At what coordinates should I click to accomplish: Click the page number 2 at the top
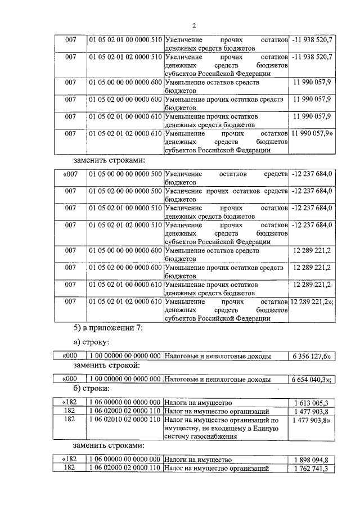[x=193, y=25]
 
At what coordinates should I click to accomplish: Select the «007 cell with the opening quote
[x=70, y=174]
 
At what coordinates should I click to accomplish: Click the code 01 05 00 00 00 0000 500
[x=125, y=174]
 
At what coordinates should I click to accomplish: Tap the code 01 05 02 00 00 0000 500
[x=125, y=191]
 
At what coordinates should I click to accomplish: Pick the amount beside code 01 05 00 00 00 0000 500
[x=313, y=174]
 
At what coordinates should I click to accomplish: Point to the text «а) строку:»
[x=93, y=342]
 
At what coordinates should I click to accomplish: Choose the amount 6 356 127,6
[x=310, y=356]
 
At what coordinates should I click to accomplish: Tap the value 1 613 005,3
[x=311, y=403]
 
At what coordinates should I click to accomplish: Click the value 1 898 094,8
[x=311, y=460]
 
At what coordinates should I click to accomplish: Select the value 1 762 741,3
[x=311, y=469]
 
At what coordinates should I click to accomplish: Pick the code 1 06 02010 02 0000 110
[x=125, y=420]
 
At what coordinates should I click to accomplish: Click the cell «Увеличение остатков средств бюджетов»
[x=226, y=178]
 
